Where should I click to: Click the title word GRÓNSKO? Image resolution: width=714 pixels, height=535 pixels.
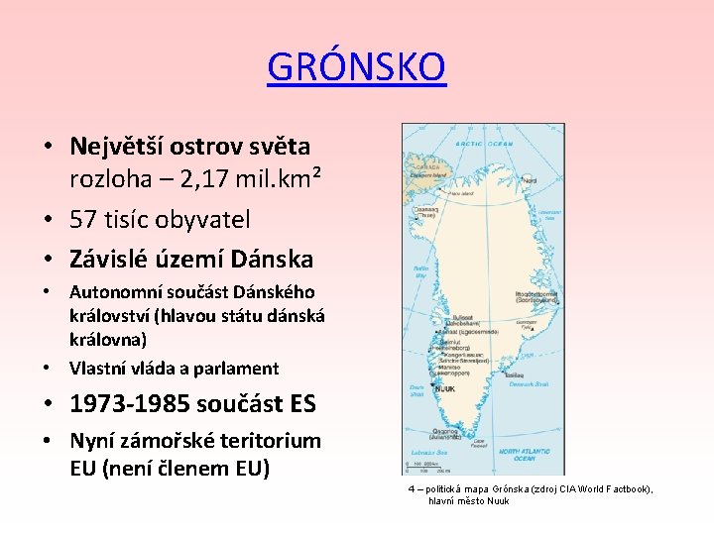point(357,67)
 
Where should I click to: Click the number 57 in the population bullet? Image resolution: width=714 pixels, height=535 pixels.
point(85,219)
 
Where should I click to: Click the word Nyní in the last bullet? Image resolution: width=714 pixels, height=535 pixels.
point(99,440)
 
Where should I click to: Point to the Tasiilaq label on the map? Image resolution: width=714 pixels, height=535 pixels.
point(516,374)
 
